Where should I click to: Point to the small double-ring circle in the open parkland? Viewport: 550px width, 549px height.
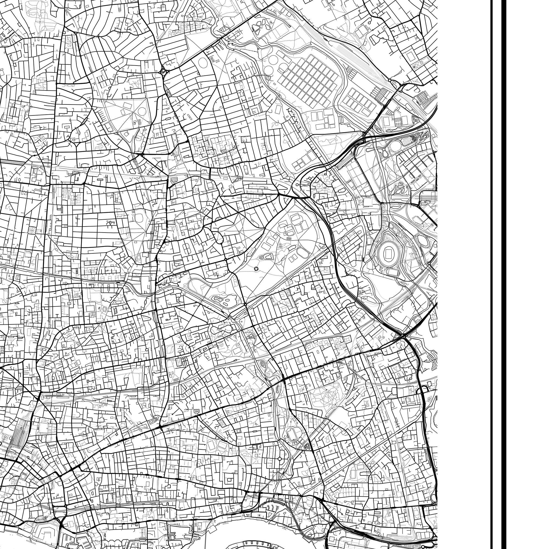[256, 268]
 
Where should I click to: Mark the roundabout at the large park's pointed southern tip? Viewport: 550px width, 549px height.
[245, 304]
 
